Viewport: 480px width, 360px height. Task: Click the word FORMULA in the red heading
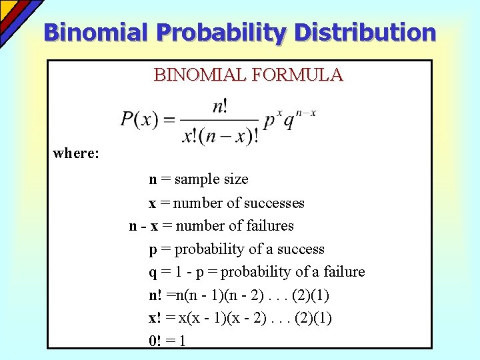point(297,75)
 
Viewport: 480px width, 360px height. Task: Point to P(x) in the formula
point(139,120)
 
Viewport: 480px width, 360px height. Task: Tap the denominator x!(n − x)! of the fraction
point(220,135)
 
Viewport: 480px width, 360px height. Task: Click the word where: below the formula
point(76,153)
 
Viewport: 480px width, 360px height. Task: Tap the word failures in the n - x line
point(270,226)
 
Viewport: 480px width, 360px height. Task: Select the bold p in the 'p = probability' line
point(153,250)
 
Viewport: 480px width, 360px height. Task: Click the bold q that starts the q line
point(153,273)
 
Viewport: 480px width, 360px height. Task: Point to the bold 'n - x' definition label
point(143,226)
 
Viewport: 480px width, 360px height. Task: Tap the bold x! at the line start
point(154,318)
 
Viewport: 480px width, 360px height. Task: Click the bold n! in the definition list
point(155,295)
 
